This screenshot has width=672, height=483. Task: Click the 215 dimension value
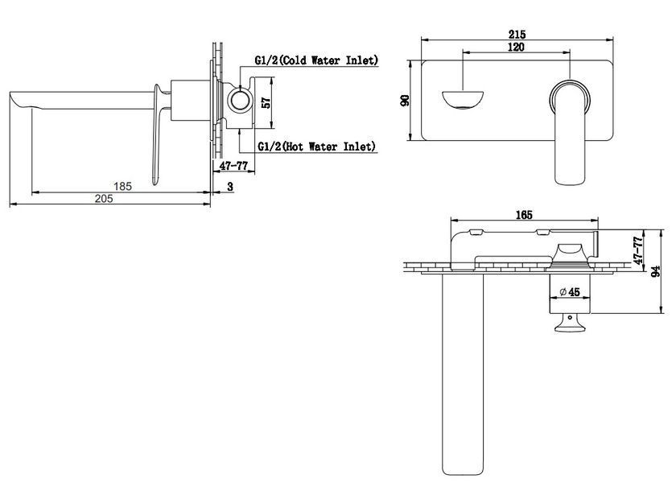coord(517,35)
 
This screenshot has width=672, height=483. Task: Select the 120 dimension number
coord(516,47)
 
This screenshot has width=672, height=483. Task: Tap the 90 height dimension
coord(404,101)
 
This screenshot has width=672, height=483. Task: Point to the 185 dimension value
coord(122,187)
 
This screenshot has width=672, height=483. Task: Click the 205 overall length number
coord(104,198)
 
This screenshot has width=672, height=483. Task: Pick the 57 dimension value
coord(266,103)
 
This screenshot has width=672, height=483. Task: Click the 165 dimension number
coord(524,215)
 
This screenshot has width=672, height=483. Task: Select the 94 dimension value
coord(656,271)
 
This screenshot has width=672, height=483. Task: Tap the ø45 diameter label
coord(570,292)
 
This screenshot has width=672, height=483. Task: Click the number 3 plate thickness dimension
coord(230,187)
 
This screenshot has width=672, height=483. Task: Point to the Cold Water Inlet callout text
coord(317,60)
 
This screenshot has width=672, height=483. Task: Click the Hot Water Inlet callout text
coord(317,147)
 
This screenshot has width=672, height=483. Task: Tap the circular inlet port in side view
coord(239,101)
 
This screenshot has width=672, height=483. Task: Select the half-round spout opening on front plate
coord(463,100)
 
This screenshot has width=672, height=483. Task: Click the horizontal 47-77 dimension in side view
coord(233,166)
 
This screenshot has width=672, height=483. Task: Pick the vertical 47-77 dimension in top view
coord(638,250)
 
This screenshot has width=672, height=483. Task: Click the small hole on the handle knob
coord(570,317)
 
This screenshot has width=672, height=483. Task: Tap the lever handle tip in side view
coord(155,182)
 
